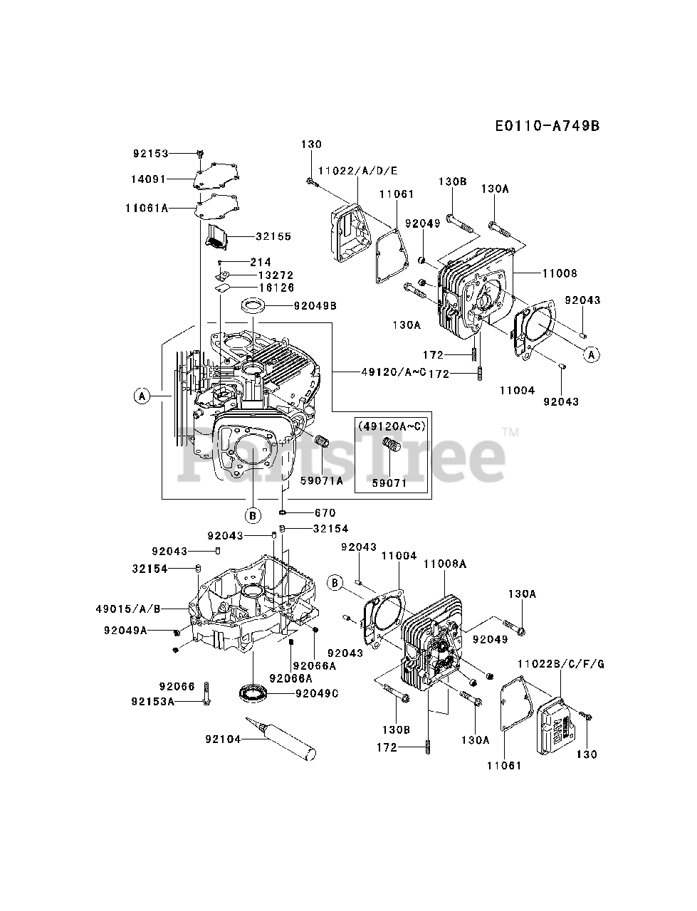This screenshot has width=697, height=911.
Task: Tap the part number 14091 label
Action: (x=151, y=180)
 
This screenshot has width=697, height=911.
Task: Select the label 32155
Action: (x=274, y=236)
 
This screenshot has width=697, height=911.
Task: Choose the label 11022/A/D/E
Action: (x=358, y=171)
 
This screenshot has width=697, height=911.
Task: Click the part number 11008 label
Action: (x=559, y=273)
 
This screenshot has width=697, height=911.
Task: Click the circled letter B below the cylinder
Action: (x=253, y=515)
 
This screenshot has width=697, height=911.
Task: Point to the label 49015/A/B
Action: (x=128, y=609)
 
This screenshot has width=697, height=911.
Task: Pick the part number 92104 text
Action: (x=221, y=739)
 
